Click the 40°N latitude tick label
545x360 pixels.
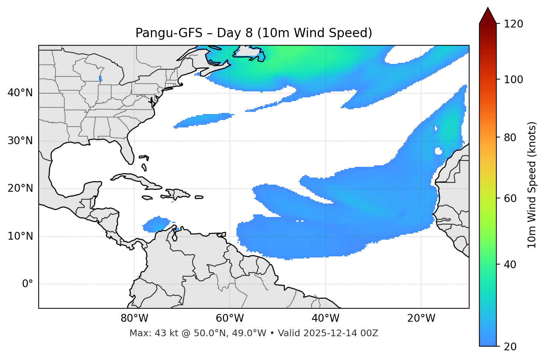[x=20, y=93]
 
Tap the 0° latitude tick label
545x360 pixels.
[x=28, y=284]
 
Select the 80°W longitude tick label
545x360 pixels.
[x=134, y=318]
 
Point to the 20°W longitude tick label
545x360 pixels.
[x=421, y=318]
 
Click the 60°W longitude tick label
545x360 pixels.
[x=230, y=318]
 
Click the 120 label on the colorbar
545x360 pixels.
[x=513, y=24]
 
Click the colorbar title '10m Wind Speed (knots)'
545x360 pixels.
[x=532, y=185]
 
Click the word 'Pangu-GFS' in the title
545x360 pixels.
[x=169, y=33]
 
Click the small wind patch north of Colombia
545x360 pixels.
[x=155, y=224]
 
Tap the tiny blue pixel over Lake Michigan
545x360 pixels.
[x=100, y=78]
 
